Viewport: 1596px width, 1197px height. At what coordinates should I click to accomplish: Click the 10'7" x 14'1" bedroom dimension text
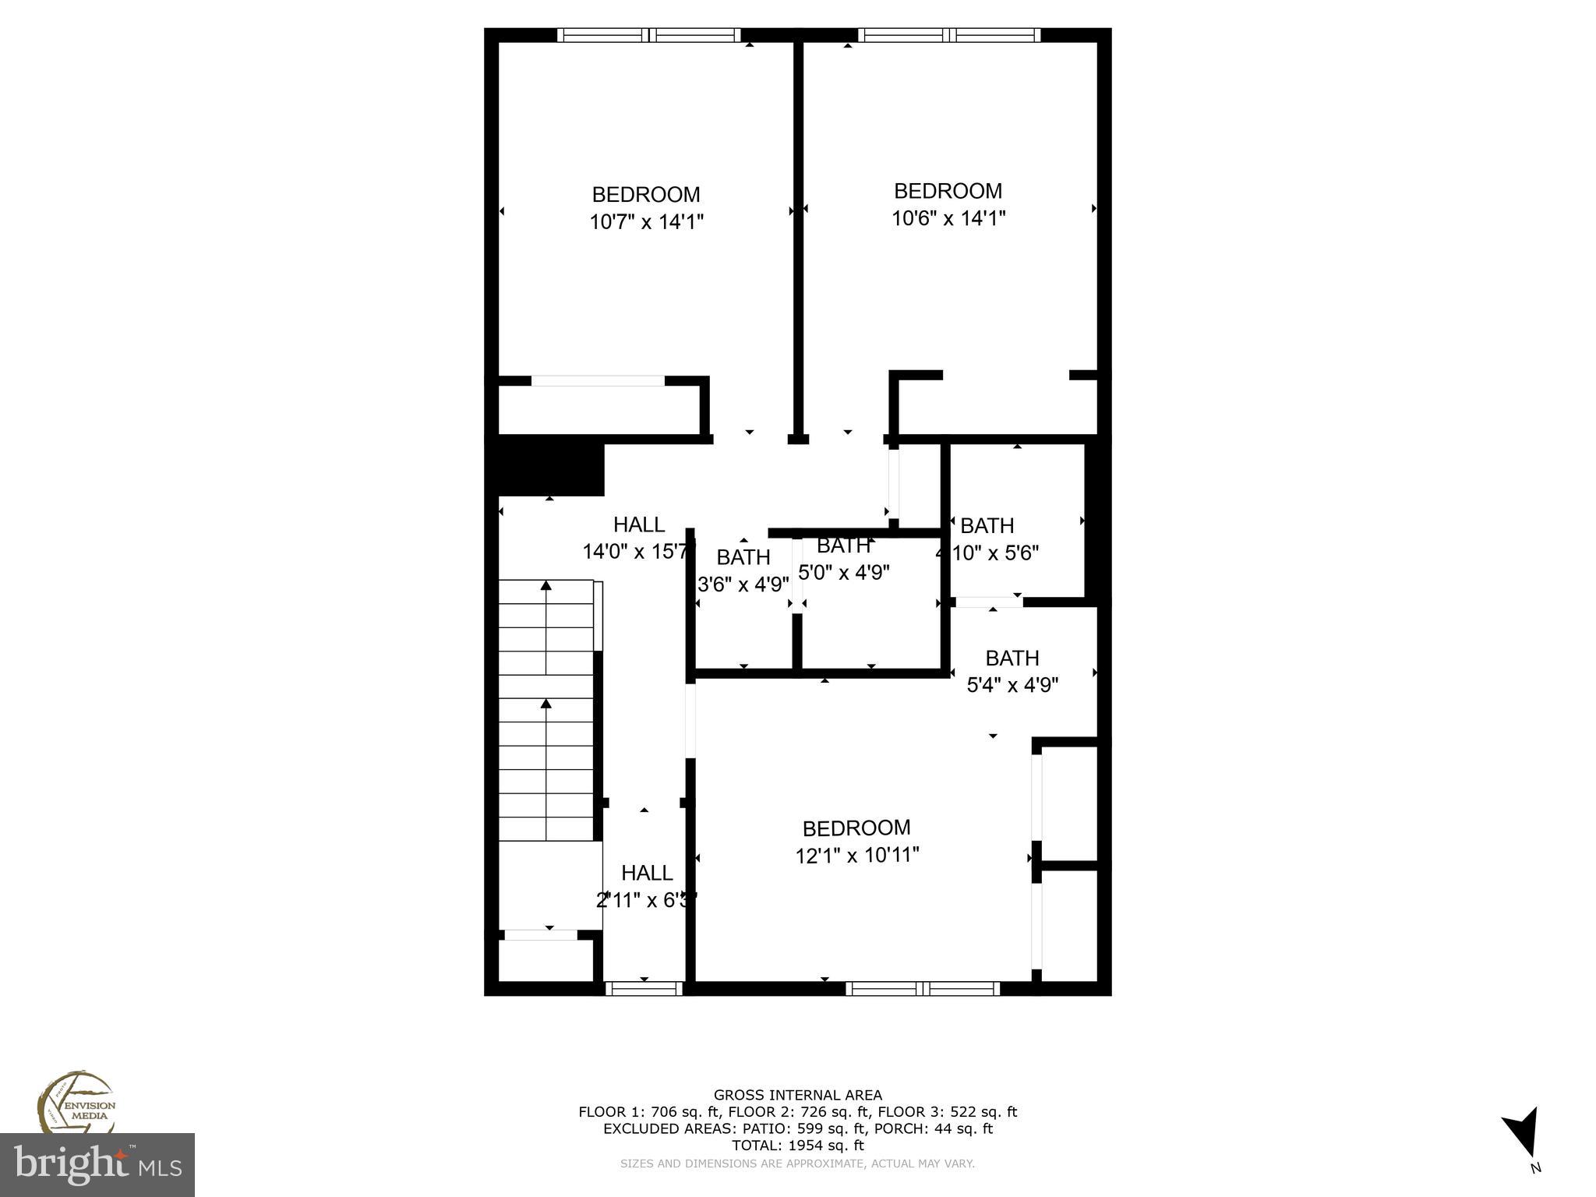(x=646, y=222)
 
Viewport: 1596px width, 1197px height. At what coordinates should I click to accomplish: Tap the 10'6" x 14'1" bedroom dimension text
(x=948, y=218)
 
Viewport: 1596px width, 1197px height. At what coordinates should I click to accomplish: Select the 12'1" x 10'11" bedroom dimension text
(x=857, y=856)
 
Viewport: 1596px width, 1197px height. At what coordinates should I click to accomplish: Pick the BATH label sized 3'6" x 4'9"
(x=743, y=557)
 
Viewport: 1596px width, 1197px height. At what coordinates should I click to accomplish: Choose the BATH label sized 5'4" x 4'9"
(x=1012, y=659)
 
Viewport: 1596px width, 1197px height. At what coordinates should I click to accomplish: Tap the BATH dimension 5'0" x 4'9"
(x=844, y=572)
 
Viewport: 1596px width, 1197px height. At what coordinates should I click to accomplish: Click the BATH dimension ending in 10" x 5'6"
(x=988, y=553)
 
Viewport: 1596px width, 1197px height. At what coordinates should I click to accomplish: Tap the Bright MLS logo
(x=97, y=1165)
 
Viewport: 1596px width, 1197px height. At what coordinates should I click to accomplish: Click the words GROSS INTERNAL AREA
(x=798, y=1096)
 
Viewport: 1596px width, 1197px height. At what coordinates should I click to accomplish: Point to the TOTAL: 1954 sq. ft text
(x=798, y=1146)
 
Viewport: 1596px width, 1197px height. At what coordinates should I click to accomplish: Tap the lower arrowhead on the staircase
(x=546, y=704)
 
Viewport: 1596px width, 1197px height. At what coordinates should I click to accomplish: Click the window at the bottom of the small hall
(x=644, y=988)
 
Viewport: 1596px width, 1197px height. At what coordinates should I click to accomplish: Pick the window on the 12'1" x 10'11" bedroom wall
(x=923, y=988)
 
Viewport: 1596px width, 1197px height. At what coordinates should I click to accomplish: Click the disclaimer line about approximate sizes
(x=797, y=1163)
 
